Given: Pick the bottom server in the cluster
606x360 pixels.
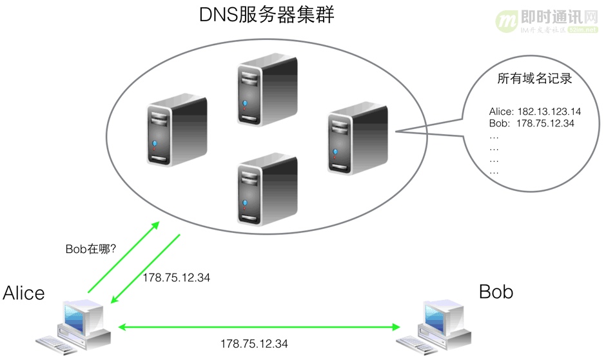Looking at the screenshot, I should (x=267, y=188).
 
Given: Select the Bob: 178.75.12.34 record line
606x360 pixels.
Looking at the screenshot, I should (x=531, y=123).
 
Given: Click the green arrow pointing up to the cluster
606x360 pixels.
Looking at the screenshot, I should (x=122, y=256).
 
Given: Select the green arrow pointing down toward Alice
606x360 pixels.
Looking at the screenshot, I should (x=145, y=268).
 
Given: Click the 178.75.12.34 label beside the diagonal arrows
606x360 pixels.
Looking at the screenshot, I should (x=176, y=278).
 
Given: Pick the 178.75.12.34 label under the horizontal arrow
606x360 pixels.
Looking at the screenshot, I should (x=254, y=343).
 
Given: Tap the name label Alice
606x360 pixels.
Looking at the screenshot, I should (x=24, y=293).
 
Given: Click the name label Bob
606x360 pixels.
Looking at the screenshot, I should (x=496, y=292).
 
